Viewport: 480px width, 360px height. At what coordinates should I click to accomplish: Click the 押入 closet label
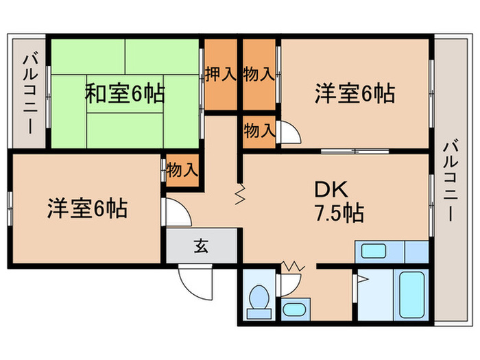(220, 74)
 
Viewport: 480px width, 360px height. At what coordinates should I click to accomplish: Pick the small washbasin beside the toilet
(295, 308)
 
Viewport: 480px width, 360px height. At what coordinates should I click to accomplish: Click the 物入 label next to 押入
(259, 74)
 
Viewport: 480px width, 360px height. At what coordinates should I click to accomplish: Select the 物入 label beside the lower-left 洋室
(182, 169)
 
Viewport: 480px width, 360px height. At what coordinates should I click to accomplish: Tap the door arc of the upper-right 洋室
(289, 132)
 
